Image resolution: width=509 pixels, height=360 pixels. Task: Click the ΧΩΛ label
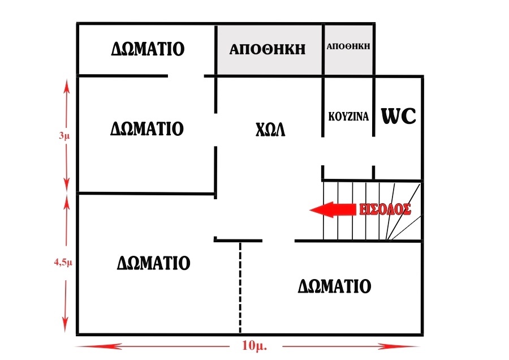point(270,130)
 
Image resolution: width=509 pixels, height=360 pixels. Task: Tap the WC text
point(398,115)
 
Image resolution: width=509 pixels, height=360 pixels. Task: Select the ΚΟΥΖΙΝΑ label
point(348,116)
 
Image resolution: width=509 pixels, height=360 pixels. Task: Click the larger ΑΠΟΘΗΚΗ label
point(268,49)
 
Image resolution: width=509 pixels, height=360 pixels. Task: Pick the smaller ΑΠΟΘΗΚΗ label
point(348,46)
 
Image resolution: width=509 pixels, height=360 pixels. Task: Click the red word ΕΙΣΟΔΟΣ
point(385,209)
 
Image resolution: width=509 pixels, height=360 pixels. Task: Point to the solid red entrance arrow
point(333,209)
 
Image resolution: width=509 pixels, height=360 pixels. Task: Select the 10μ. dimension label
point(255,345)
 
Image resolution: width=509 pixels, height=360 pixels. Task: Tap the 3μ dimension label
point(64,135)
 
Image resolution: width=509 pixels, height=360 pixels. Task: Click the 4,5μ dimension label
point(63,262)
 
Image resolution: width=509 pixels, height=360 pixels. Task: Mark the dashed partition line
point(240,288)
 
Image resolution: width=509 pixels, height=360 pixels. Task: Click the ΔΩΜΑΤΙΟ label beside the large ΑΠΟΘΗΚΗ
point(148,49)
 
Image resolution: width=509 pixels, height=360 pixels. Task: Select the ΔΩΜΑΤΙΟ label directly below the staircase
point(334,286)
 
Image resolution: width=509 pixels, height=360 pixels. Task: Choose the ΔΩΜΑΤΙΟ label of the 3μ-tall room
point(147,128)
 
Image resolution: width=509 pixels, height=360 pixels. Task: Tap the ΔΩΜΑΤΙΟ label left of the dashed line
point(153,263)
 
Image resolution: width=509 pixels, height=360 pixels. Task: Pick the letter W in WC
point(391,115)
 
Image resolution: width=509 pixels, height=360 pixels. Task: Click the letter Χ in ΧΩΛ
point(260,130)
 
